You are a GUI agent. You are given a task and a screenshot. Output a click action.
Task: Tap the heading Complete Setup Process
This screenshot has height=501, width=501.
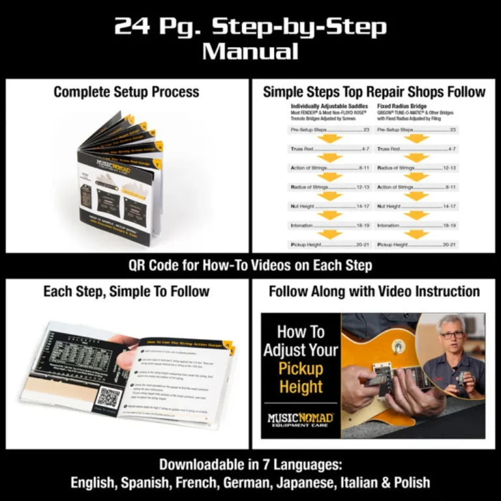point(126,92)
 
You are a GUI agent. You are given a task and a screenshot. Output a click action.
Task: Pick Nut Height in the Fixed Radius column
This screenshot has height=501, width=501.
point(389,206)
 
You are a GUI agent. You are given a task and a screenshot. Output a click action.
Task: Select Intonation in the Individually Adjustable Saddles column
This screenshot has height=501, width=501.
point(303,225)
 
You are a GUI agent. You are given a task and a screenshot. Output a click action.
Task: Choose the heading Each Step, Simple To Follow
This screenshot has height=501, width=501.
point(126,292)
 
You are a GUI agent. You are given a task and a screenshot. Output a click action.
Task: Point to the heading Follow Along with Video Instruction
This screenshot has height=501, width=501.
point(374,292)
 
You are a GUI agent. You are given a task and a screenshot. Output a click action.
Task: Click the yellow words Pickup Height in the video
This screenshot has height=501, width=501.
point(301,378)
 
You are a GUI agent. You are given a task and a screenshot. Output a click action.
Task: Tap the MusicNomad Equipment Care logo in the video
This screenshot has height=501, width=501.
point(301,419)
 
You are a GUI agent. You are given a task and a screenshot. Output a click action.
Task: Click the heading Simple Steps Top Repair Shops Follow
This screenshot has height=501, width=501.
point(374,92)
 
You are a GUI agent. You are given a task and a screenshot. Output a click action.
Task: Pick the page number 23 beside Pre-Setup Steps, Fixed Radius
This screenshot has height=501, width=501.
point(449,130)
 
